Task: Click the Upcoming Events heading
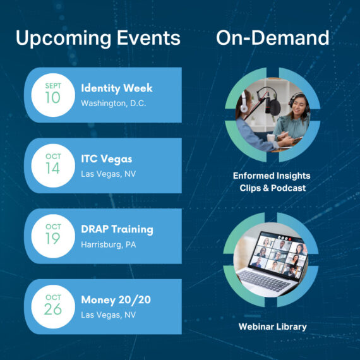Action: [98, 39]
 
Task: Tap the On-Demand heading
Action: [272, 38]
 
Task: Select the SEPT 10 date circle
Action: [53, 95]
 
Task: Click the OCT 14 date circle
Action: [53, 165]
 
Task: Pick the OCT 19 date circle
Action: [53, 236]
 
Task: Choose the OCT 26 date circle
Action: [53, 307]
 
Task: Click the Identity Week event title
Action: [117, 88]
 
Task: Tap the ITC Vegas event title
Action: [107, 159]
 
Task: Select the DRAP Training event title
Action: [117, 229]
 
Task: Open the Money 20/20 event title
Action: [116, 300]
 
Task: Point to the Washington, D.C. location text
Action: [114, 104]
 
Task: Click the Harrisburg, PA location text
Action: [109, 245]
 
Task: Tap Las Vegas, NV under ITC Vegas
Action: [109, 174]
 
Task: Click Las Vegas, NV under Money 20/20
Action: [109, 315]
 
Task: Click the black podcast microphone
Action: [273, 106]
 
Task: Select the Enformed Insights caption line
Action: [272, 176]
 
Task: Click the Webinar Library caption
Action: [272, 327]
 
